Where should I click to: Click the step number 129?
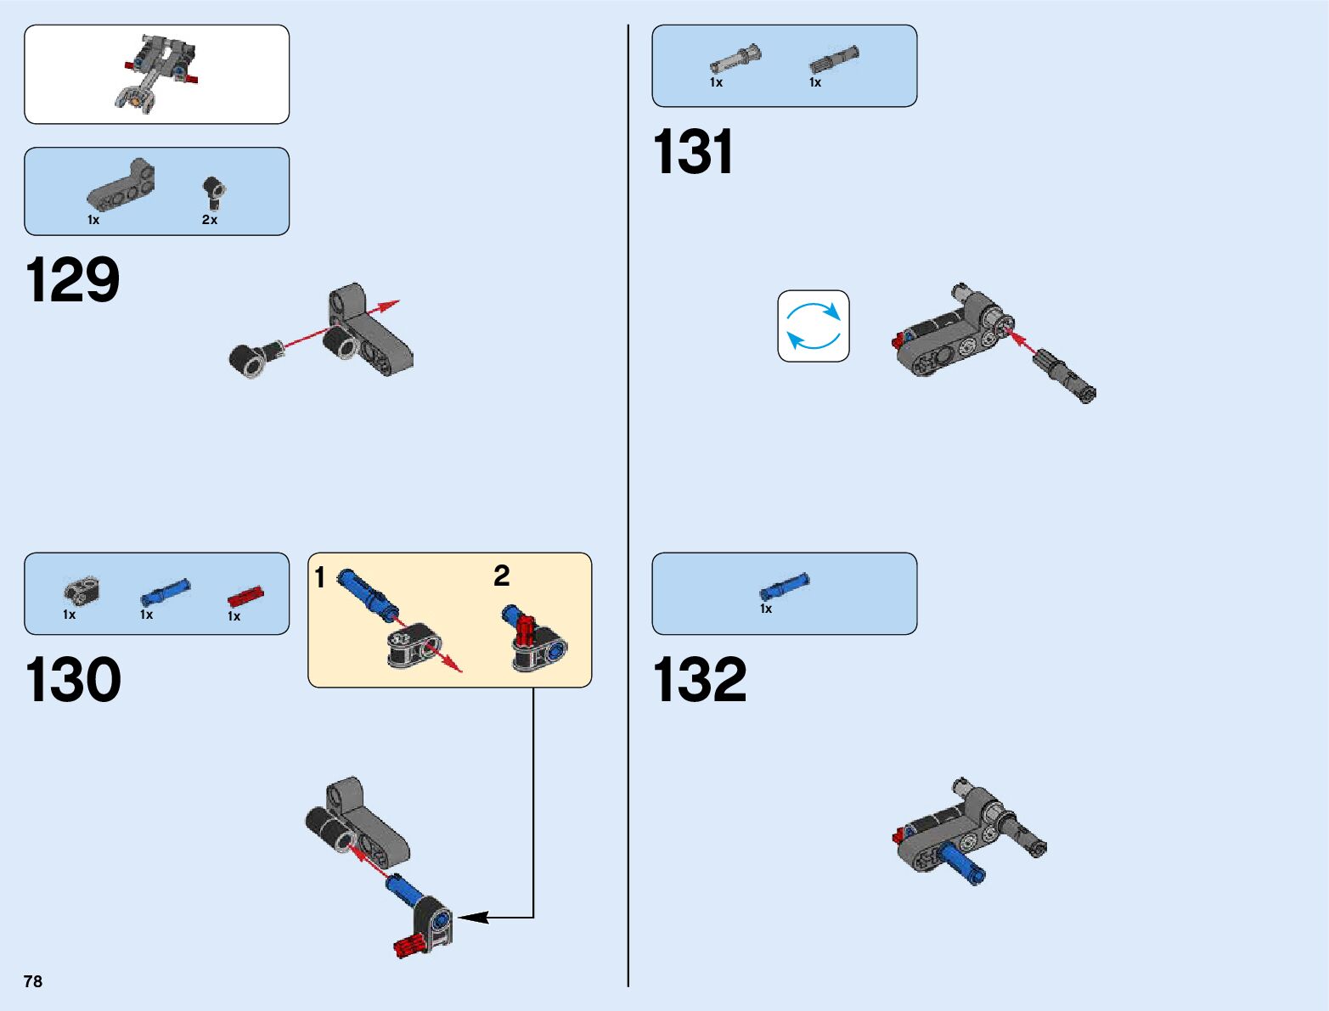click(x=73, y=280)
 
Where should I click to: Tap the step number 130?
click(x=73, y=680)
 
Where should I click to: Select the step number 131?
click(x=693, y=153)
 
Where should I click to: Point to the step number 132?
click(x=700, y=680)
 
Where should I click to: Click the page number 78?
click(x=33, y=981)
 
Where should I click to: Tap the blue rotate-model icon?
click(x=814, y=326)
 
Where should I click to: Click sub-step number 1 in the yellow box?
click(x=320, y=577)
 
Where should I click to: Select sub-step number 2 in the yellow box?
click(x=502, y=576)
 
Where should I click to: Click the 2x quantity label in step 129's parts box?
click(x=210, y=220)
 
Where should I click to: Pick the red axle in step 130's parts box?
click(x=245, y=597)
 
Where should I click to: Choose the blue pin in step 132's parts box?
click(x=784, y=586)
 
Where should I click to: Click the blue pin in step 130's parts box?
click(x=165, y=591)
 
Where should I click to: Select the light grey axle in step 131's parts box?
click(x=735, y=59)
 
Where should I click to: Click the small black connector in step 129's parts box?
click(x=212, y=193)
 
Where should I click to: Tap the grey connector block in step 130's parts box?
click(x=82, y=590)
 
